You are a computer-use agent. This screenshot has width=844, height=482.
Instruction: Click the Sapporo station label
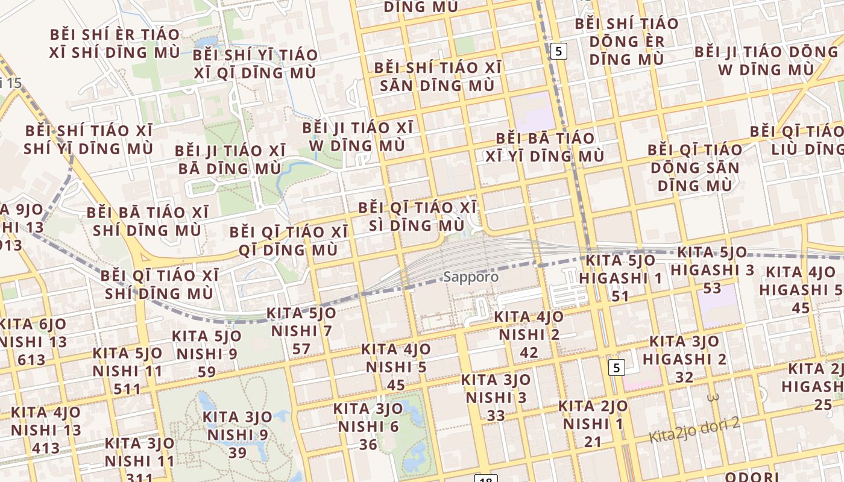471,277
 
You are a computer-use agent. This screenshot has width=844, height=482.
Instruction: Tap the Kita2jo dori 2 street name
694,430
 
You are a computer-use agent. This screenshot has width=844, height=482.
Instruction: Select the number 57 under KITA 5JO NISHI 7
301,349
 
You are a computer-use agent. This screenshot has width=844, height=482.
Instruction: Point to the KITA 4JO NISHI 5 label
396,358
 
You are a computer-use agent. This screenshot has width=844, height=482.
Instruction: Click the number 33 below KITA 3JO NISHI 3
496,416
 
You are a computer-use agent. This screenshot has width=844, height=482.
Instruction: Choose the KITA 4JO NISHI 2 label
529,325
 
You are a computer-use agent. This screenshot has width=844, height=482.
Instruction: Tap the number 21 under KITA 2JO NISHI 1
593,442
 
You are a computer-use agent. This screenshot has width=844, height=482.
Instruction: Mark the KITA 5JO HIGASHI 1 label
621,269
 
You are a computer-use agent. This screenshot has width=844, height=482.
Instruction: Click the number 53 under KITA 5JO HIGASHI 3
712,288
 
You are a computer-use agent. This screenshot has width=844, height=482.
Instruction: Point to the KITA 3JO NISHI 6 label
368,418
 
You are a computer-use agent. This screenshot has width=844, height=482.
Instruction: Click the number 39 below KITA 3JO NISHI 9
238,452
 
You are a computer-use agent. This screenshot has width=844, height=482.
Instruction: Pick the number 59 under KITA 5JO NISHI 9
207,372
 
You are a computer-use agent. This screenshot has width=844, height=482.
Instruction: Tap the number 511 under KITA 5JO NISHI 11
127,389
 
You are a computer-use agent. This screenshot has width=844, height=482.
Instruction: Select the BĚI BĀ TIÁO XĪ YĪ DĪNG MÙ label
545,148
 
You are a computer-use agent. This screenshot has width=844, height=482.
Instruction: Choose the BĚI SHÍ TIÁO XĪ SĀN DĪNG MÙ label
437,77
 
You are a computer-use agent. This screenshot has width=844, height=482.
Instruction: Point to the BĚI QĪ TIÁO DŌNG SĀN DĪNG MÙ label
695,167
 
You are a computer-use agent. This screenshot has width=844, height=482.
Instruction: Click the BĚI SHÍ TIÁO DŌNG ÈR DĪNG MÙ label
627,42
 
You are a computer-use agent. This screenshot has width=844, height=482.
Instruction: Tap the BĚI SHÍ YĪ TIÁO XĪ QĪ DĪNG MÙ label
255,64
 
